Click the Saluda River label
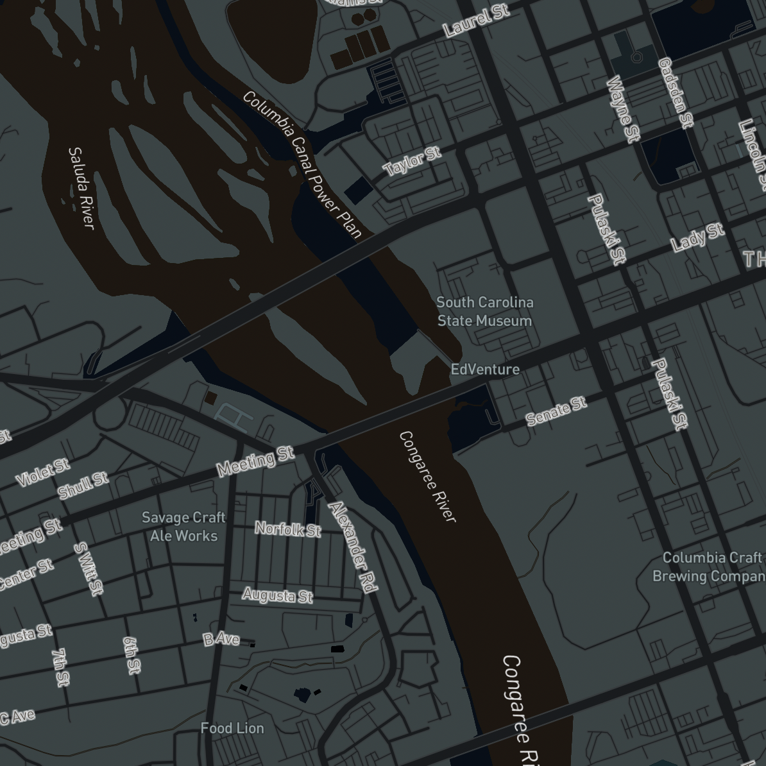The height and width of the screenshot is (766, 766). [81, 187]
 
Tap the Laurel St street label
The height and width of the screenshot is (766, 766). [477, 21]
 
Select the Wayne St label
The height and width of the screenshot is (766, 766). [623, 108]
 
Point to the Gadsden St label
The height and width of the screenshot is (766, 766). [676, 92]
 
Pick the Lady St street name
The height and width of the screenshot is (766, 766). [697, 237]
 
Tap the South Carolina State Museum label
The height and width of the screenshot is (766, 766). [485, 311]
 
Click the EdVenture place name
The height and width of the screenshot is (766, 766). [485, 369]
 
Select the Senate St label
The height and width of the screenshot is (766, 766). [556, 411]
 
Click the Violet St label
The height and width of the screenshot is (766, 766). [43, 472]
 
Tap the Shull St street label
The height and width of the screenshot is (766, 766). [83, 486]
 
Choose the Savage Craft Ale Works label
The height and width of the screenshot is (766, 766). [183, 526]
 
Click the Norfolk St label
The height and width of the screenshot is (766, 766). [288, 529]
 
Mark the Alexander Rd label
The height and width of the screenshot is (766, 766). [352, 547]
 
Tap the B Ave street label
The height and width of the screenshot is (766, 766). [221, 639]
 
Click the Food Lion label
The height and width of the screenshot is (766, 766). [232, 728]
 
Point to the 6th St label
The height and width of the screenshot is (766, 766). [131, 655]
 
